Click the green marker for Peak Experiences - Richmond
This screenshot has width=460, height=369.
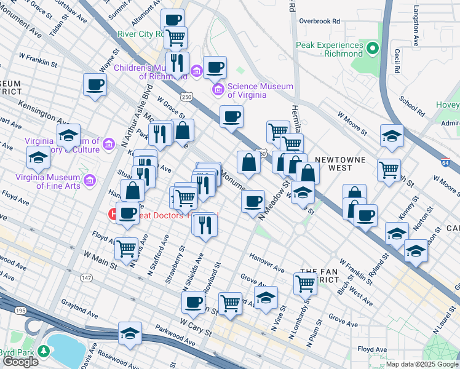coord(372,48)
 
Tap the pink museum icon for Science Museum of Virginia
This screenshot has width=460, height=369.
coord(217,91)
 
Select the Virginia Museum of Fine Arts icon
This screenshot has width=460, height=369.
coord(90,181)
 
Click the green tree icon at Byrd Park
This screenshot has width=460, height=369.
coord(44,351)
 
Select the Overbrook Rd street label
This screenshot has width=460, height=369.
coord(319,20)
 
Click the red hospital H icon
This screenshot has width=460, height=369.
coord(113,215)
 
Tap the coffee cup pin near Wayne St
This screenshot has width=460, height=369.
coord(95,85)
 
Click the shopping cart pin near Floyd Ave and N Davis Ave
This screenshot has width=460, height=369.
coord(126,249)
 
